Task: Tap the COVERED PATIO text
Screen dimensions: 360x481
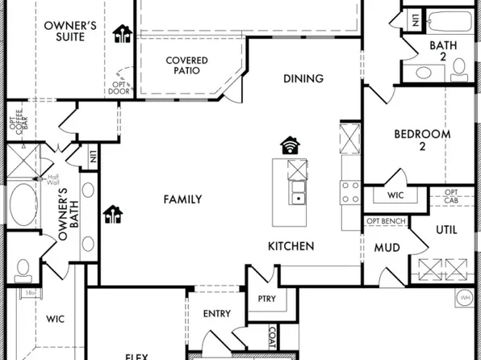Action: click(186, 65)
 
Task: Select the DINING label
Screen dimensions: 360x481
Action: click(303, 78)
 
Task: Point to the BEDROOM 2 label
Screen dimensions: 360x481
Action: click(421, 140)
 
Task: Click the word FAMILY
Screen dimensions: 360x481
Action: click(182, 199)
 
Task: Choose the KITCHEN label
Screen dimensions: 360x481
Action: click(291, 245)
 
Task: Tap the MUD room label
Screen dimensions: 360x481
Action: click(387, 248)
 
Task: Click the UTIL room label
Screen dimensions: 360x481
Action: click(446, 230)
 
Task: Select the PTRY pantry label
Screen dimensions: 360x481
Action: click(266, 299)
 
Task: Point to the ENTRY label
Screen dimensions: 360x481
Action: click(215, 313)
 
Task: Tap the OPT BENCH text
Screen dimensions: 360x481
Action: click(387, 220)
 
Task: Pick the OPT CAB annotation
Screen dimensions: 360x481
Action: click(452, 196)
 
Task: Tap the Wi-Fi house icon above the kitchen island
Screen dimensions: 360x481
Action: click(290, 145)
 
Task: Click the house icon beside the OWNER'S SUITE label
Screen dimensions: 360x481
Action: click(123, 33)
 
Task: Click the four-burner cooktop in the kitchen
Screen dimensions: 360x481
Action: click(350, 192)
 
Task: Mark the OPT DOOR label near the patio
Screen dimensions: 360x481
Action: click(119, 88)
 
